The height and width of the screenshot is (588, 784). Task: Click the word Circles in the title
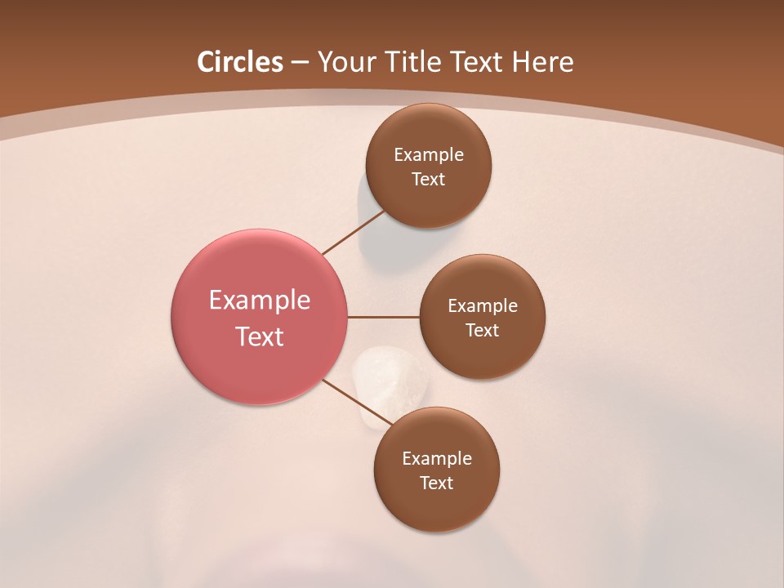point(240,62)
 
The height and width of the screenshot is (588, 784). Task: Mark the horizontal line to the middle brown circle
point(384,317)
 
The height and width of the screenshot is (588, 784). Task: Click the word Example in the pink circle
point(260,301)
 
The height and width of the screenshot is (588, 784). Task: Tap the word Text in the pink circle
point(260,336)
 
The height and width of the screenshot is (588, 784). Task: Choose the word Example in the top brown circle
point(429,155)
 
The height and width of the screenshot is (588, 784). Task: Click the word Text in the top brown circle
point(428,180)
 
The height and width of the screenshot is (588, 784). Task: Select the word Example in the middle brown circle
point(483,306)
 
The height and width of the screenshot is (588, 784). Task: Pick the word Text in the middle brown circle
point(483,331)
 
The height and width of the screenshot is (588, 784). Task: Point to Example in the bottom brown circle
point(437,459)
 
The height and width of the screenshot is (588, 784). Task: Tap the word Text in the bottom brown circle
point(436,483)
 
